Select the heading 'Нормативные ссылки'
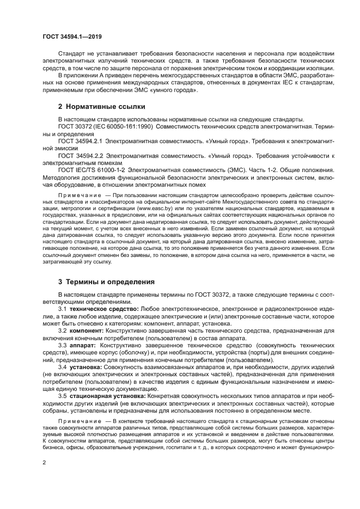click(x=97, y=107)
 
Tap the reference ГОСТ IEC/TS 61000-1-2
click(x=90, y=170)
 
